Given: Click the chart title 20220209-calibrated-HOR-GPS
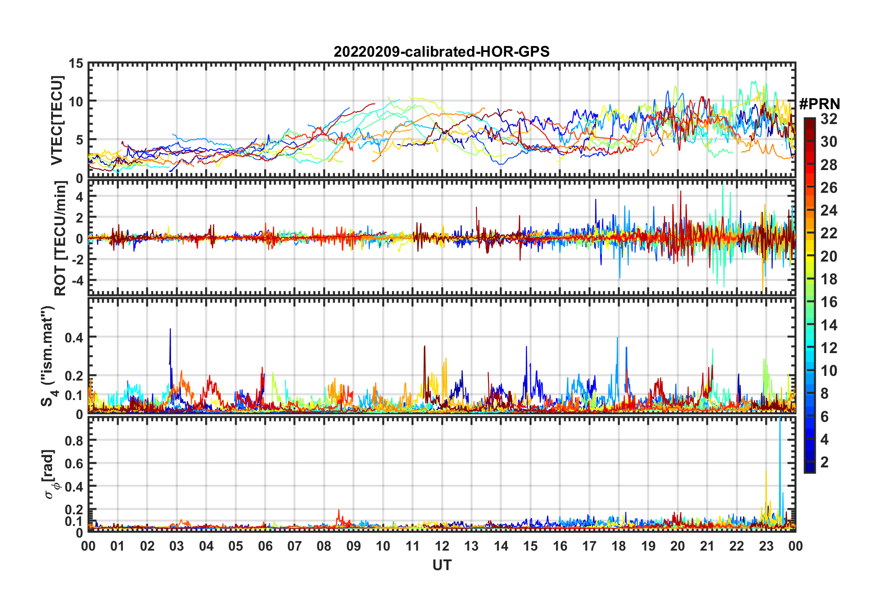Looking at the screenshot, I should point(442,52).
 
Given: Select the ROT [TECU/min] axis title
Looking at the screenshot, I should point(60,238).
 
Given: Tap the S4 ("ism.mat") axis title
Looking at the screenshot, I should point(48,356).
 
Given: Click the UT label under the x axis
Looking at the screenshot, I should point(442,565).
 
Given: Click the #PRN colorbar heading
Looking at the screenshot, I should point(819,104).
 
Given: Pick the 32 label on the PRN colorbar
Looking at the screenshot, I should point(829,119).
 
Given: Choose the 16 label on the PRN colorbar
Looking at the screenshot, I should point(829,302).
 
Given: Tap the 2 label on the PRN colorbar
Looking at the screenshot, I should point(825,462).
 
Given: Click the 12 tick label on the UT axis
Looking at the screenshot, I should point(442,546).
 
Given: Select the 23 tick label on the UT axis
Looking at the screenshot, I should point(766,546).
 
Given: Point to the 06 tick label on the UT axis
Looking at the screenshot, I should point(265,546).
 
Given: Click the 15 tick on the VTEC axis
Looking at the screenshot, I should point(76,63).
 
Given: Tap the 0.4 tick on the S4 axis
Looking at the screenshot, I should point(74,337).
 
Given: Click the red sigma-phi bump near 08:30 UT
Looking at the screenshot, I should point(339,512).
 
